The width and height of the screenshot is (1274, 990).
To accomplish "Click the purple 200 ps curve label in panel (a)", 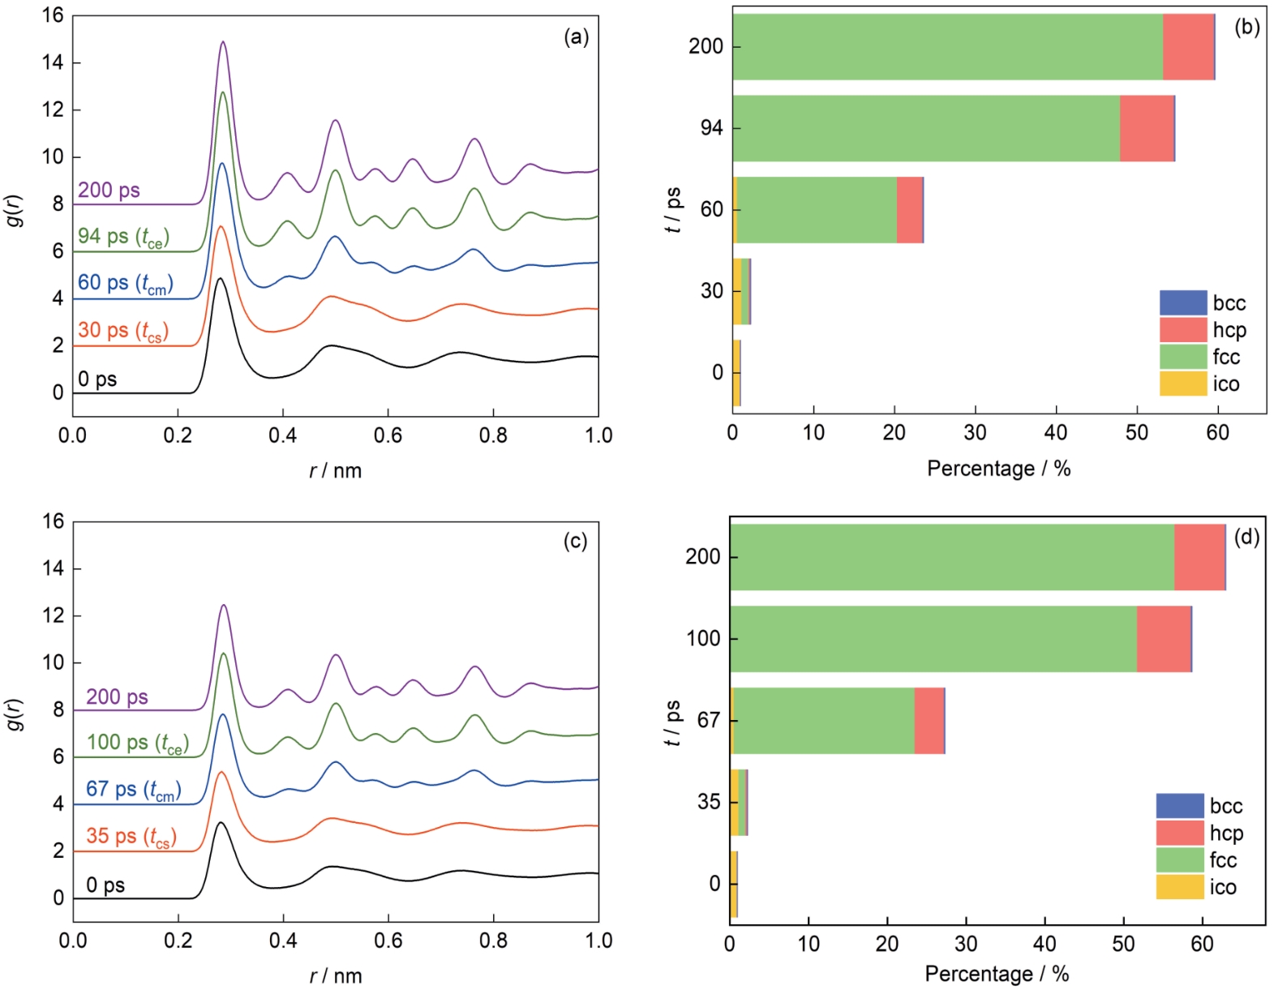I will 109,191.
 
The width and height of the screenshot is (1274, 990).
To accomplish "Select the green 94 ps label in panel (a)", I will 123,237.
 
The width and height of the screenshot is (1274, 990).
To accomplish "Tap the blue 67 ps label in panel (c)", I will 133,790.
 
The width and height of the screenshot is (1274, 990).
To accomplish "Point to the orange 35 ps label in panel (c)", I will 131,837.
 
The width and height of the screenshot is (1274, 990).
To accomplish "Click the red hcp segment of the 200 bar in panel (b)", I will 1188,47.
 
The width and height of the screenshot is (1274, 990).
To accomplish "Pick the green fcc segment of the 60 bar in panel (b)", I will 817,210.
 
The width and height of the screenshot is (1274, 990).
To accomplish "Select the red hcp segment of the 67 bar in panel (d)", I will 929,721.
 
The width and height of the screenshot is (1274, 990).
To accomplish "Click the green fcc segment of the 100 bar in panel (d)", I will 933,639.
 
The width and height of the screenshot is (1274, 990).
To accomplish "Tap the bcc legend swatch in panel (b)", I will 1183,302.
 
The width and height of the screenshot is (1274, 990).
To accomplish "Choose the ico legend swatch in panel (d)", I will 1180,887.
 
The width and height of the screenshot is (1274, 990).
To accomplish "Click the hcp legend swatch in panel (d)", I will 1180,833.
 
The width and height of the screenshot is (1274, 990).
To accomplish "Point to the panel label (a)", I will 576,36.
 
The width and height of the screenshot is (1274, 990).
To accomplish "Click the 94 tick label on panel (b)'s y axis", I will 711,128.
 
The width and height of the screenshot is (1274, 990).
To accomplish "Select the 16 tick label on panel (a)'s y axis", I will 53,15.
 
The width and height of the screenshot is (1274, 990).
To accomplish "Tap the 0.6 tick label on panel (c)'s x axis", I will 388,941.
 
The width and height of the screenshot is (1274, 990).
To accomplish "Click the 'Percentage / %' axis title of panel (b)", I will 998,469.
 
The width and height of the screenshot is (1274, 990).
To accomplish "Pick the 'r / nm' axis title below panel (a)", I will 335,470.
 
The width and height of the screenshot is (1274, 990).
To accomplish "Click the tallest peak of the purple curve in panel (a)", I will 223,42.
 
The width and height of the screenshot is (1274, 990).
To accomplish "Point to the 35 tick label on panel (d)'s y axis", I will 709,802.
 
